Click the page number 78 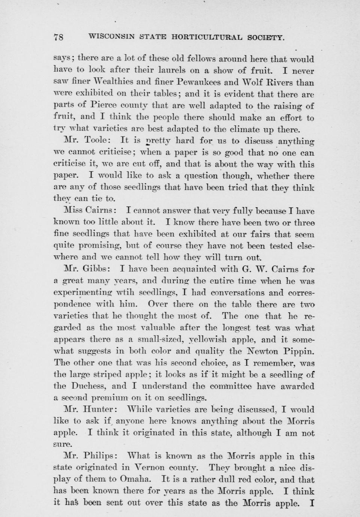click(59, 37)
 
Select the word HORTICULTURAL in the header click(207, 37)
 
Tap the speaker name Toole click(97, 140)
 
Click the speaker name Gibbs click(97, 269)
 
